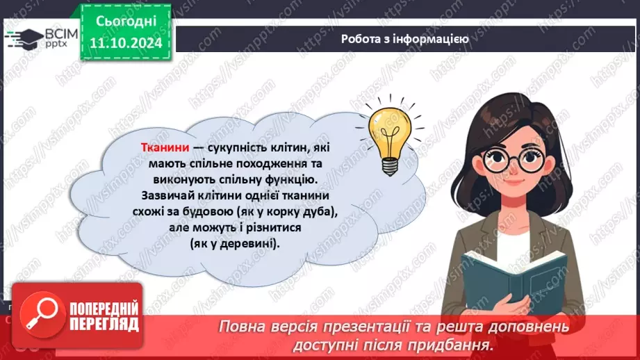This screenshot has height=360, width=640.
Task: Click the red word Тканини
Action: coord(161,148)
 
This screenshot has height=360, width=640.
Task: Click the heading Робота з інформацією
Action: coord(404,39)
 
